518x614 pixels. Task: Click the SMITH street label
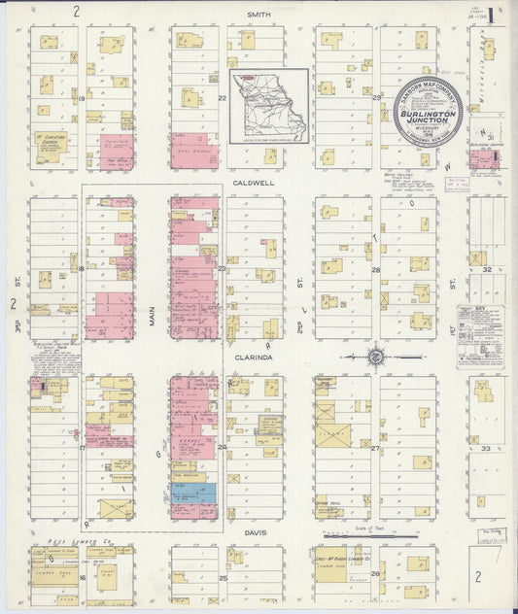(258, 15)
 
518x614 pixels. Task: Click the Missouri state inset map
(269, 106)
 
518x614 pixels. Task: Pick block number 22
(222, 98)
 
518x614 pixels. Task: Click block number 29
(375, 98)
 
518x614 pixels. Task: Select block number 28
(375, 270)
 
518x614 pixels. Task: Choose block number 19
(83, 98)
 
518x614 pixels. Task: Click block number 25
(222, 578)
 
